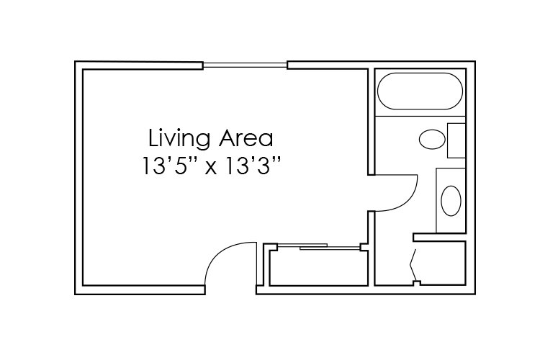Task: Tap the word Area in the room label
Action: coord(246,138)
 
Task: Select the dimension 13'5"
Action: coord(170,166)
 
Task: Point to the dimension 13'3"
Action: coord(251,166)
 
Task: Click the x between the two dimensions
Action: coord(211,169)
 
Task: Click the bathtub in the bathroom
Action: coord(420,91)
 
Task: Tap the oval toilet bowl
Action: coord(432,139)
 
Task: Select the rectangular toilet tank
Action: coord(456,140)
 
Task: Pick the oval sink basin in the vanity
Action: coord(451,201)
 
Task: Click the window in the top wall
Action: coord(245,65)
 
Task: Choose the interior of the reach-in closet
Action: coord(318,268)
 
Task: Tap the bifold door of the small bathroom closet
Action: coord(413,265)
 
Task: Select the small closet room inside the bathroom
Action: coord(441,263)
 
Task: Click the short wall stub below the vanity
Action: coord(439,238)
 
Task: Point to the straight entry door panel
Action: coord(256,264)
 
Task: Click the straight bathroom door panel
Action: coord(396,175)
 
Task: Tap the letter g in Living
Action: coord(203,141)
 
